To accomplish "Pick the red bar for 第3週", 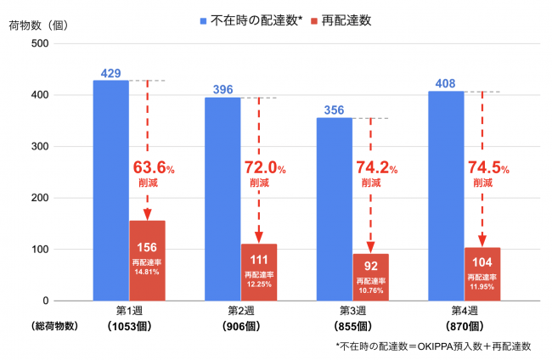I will (x=370, y=277).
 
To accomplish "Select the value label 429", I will (x=110, y=74).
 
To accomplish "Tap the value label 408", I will (x=445, y=84).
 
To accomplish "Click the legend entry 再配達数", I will (x=343, y=18).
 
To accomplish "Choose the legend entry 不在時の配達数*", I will (x=243, y=18).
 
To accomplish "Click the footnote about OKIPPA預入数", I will (x=433, y=346).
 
